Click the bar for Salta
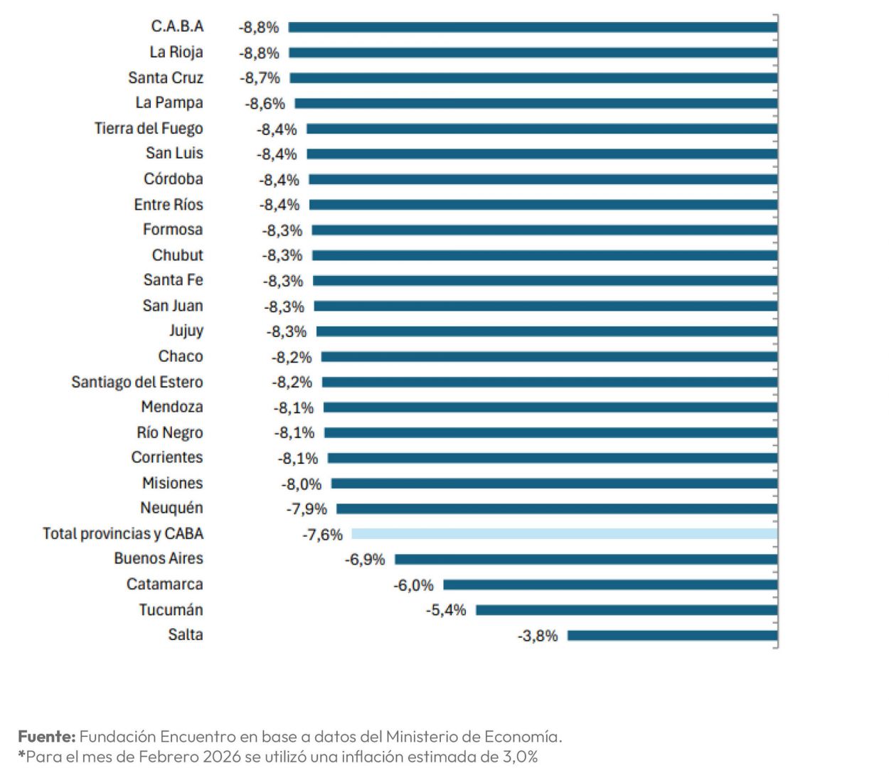click(x=672, y=635)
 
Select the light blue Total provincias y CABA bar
click(x=564, y=534)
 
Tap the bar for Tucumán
click(x=626, y=610)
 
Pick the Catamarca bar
click(x=609, y=585)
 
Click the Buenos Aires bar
click(x=585, y=560)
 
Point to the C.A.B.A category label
click(x=177, y=26)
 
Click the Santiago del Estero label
click(x=137, y=382)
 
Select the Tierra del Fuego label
click(x=149, y=128)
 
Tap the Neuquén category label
click(x=171, y=508)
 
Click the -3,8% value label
click(x=538, y=636)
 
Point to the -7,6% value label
click(x=322, y=535)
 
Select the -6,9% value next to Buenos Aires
click(x=365, y=560)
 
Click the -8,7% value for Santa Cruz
click(x=260, y=78)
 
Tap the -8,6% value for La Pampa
click(x=265, y=104)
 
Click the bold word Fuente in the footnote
click(x=46, y=736)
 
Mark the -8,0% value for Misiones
click(x=302, y=484)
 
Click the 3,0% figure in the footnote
click(x=520, y=757)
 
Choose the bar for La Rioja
click(x=533, y=53)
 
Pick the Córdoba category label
click(x=173, y=179)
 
